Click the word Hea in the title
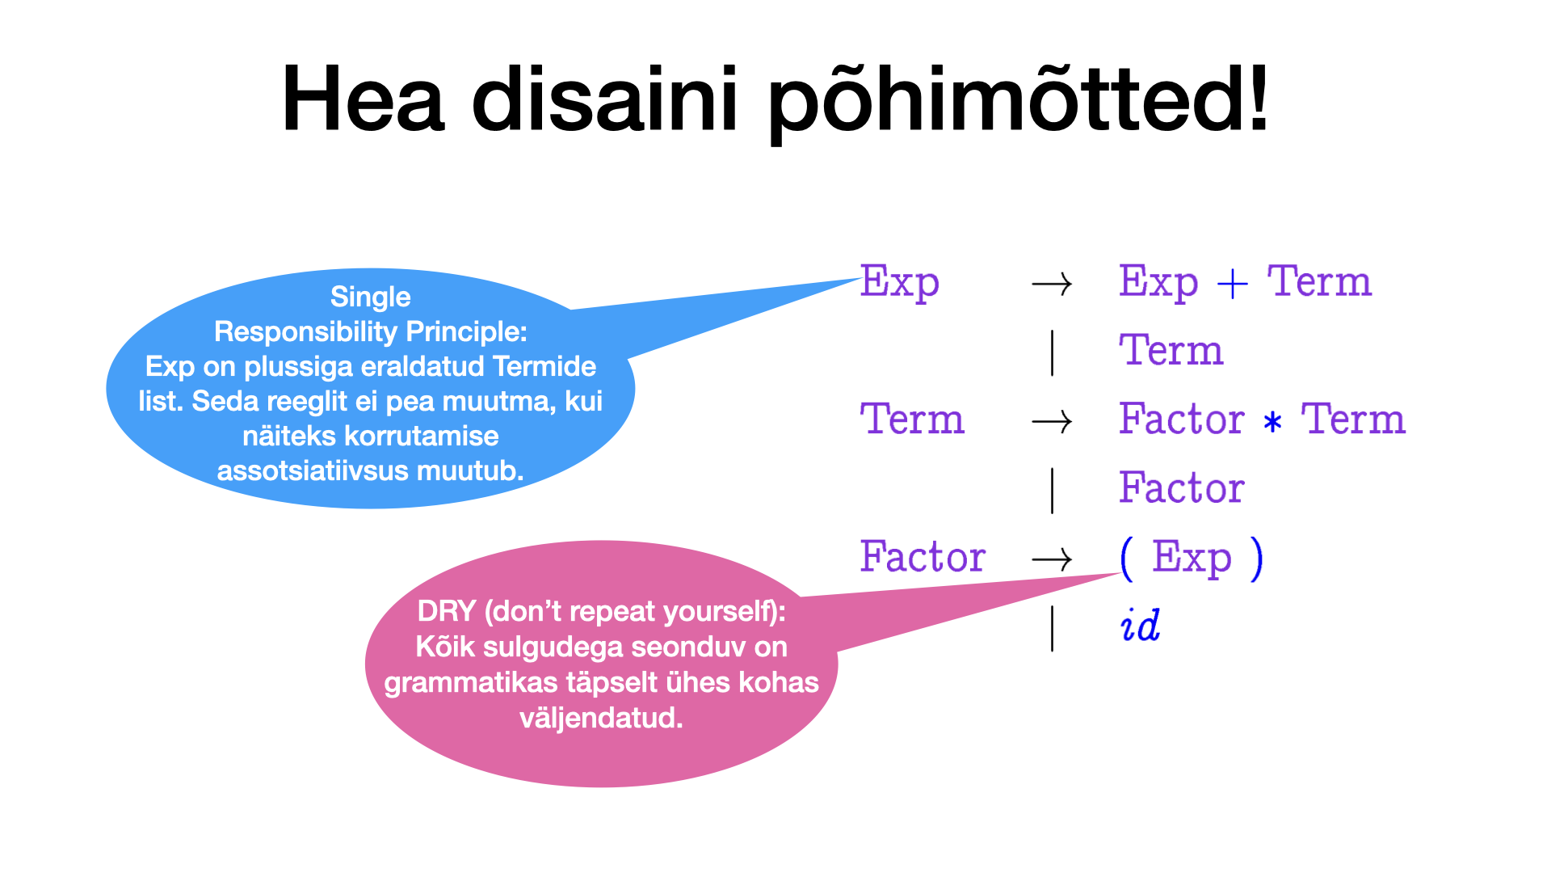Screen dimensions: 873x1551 pyautogui.click(x=363, y=100)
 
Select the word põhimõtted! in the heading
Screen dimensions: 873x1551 pyautogui.click(x=1018, y=102)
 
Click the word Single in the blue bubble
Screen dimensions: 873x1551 pyautogui.click(x=370, y=297)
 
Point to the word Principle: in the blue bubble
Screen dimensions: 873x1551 pyautogui.click(x=466, y=331)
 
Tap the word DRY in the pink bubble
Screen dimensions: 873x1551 pyautogui.click(x=446, y=611)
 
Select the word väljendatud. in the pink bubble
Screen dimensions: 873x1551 pyautogui.click(x=601, y=718)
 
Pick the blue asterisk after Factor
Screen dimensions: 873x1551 pyautogui.click(x=1272, y=422)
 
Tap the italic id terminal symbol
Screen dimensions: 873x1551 pyautogui.click(x=1140, y=626)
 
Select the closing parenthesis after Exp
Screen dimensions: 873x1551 pyautogui.click(x=1256, y=558)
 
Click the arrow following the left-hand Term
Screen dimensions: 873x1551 pyautogui.click(x=1052, y=422)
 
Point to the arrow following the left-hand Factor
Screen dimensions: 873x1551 pyautogui.click(x=1052, y=559)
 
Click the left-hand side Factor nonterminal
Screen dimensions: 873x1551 pyautogui.click(x=923, y=557)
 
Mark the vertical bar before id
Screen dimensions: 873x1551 pyautogui.click(x=1052, y=628)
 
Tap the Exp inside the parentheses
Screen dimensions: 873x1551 pyautogui.click(x=1192, y=558)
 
